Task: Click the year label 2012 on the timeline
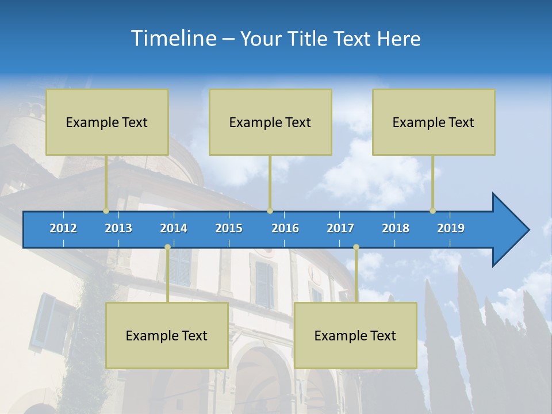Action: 63,228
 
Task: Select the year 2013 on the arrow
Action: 118,228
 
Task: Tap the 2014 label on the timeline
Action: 174,228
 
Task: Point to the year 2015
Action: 229,228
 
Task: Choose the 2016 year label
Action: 285,228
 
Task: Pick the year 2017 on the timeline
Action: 340,228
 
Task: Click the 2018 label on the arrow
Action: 396,228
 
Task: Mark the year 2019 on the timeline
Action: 451,228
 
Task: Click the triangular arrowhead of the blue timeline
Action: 509,230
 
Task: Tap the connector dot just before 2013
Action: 106,211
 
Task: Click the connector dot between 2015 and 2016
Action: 270,211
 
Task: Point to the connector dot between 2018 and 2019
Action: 433,211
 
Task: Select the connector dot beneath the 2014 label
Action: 167,247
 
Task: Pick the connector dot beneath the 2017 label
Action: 356,247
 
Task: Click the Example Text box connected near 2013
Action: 107,122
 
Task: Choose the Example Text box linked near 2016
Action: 270,122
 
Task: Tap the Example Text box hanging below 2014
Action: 167,335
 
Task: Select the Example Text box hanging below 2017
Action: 355,335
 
